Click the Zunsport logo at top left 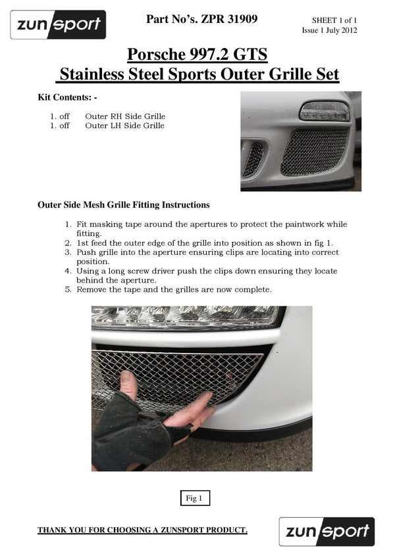tap(58, 25)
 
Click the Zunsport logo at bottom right tap(327, 532)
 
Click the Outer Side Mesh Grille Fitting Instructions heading tap(124, 205)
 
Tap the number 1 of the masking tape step tap(68, 224)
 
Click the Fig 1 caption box tap(195, 499)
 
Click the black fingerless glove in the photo tap(122, 434)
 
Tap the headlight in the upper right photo tap(324, 111)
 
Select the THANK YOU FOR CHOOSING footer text tap(142, 530)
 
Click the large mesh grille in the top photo tap(313, 151)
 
